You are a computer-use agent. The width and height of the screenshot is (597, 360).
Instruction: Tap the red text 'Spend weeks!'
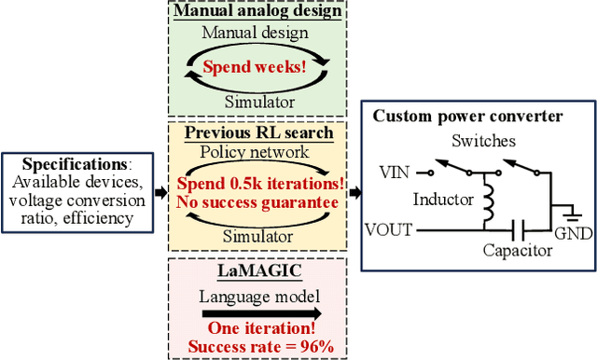point(254,67)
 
